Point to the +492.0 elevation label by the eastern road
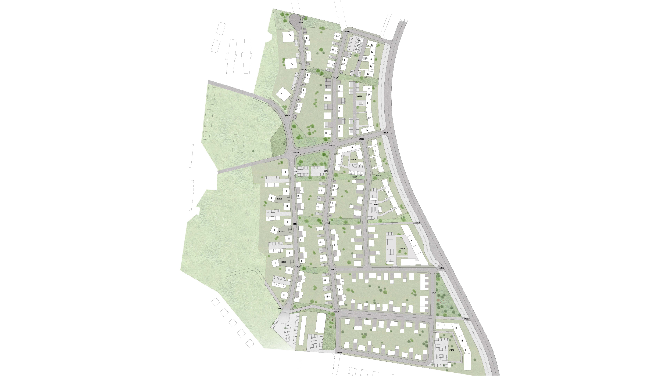click(467, 319)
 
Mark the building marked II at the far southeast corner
click(466, 362)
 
